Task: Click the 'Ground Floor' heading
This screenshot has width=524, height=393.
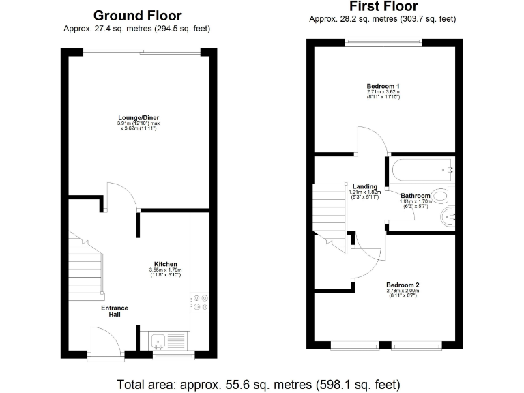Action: coord(137,15)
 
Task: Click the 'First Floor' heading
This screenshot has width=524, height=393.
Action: coord(382,8)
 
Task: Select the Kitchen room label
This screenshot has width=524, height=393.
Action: coord(165,264)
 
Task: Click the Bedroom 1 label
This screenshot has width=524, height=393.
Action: coord(383,86)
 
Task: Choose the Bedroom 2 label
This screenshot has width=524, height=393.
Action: coord(402,285)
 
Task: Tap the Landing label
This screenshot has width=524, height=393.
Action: coord(365,186)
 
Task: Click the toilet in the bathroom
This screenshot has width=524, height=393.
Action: coord(440,197)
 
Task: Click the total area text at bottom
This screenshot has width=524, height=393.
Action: coord(258,383)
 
